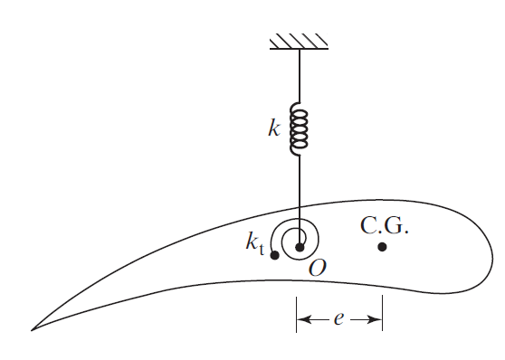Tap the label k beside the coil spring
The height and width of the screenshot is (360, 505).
tap(274, 128)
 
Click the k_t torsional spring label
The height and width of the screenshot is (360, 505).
tap(254, 242)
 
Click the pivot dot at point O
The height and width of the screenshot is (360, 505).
tap(299, 246)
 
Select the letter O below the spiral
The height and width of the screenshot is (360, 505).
tap(317, 268)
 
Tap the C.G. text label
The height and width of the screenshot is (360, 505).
tap(384, 225)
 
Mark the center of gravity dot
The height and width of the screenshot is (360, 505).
tap(383, 246)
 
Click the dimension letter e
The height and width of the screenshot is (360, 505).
tap(337, 319)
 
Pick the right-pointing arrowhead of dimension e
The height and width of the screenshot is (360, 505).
tap(375, 319)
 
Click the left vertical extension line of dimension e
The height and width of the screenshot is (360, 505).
tap(296, 315)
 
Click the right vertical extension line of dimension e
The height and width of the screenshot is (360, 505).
tap(383, 315)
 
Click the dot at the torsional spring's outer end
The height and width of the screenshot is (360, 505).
tap(274, 255)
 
